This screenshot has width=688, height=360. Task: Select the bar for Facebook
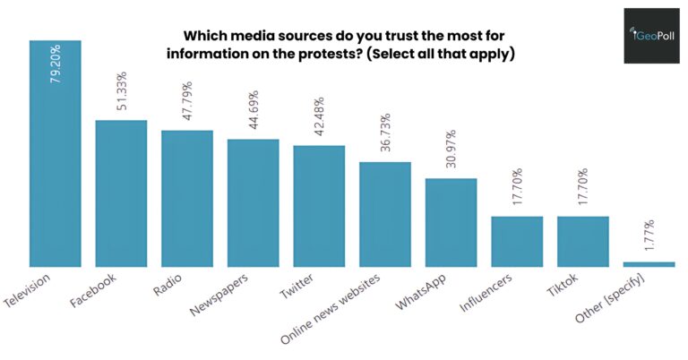tap(121, 193)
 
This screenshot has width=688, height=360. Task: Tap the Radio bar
tap(187, 198)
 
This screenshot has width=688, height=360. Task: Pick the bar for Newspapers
tap(253, 202)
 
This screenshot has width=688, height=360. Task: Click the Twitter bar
tap(319, 205)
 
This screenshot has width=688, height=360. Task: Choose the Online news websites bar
tap(385, 214)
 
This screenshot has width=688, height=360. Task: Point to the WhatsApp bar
tap(451, 222)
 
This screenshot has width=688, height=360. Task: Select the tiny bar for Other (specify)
tap(649, 263)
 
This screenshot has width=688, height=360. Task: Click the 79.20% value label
tap(56, 64)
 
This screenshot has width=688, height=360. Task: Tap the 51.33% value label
tap(122, 92)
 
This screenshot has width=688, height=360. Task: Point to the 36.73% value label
tap(385, 134)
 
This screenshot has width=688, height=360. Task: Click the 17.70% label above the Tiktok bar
tap(583, 189)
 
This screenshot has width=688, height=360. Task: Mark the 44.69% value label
tap(254, 112)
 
